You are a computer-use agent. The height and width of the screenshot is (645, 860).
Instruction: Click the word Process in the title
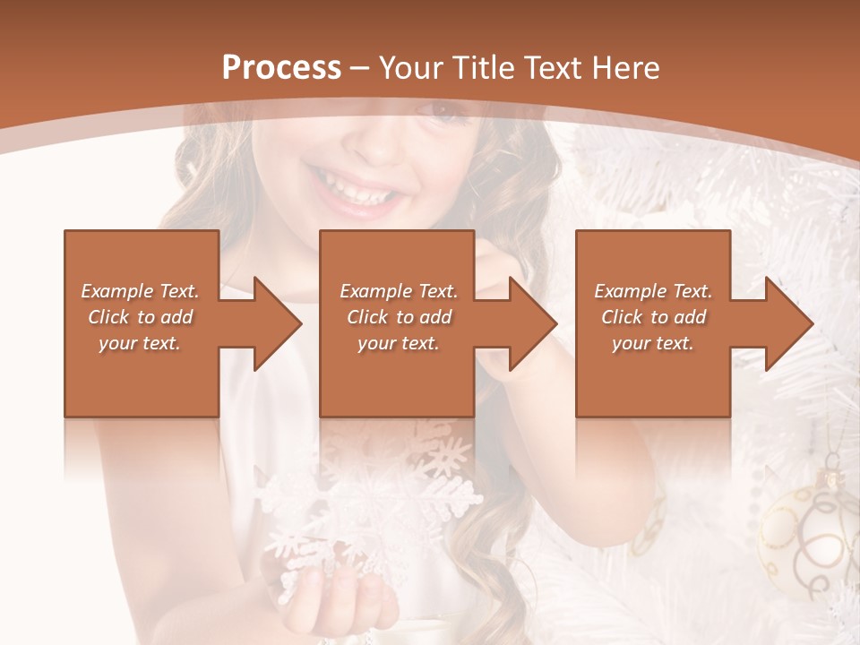pos(281,68)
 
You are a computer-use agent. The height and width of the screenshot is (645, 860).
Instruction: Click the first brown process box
pos(142,376)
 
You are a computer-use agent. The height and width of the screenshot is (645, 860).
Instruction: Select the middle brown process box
pos(397,376)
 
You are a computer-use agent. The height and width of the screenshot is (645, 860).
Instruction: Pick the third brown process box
pos(653,376)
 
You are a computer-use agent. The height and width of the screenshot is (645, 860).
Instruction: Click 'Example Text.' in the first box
pos(140,291)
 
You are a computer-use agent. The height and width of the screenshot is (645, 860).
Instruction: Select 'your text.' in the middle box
pos(398,343)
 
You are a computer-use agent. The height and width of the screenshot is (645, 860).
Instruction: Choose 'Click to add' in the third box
pos(654,317)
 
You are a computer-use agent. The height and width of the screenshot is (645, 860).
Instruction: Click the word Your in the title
pos(412,68)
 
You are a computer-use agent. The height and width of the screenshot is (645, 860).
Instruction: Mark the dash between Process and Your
pos(360,68)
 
